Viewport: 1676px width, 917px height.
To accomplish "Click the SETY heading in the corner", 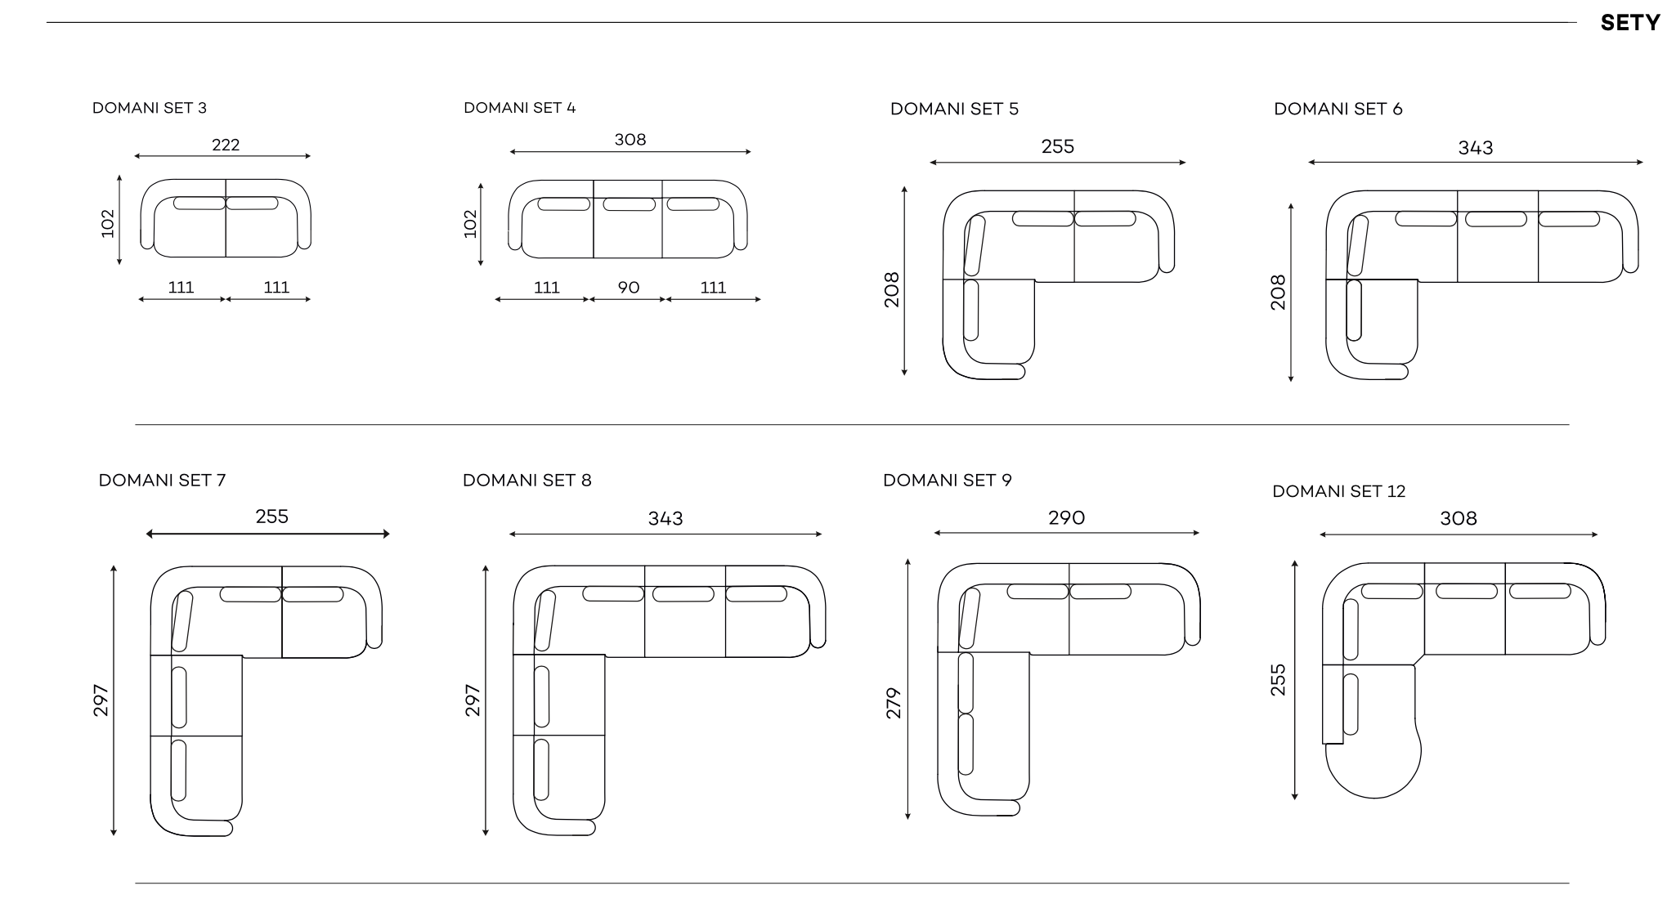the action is tap(1629, 23).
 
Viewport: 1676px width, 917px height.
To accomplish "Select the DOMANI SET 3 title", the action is tap(150, 108).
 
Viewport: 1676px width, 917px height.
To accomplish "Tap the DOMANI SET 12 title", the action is tap(1338, 491).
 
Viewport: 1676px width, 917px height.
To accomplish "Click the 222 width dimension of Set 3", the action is tap(226, 145).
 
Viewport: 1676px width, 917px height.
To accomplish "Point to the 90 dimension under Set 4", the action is tap(629, 288).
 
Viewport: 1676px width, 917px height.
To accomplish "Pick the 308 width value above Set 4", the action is tap(630, 140).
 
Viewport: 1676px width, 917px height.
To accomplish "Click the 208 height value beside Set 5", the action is tap(892, 289).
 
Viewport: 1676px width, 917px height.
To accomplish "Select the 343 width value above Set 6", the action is tap(1476, 148).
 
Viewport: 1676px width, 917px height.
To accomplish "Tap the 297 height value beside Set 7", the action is tap(101, 700).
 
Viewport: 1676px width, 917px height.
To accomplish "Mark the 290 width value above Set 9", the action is tap(1067, 518).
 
